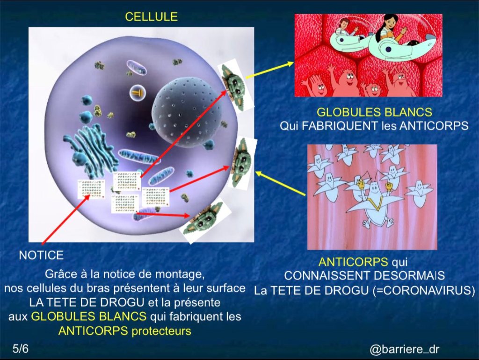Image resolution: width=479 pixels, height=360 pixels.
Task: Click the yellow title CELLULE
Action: tap(151, 16)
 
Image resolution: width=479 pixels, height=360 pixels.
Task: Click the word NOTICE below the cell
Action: tap(41, 255)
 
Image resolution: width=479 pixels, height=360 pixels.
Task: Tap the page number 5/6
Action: tap(21, 348)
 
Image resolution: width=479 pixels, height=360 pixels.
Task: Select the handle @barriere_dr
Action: tap(404, 349)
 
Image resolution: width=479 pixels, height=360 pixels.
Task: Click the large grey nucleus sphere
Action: tap(187, 112)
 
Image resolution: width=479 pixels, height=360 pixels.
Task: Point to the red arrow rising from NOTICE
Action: tap(66, 219)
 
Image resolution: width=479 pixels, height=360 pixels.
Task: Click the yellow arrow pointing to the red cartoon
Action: tap(269, 70)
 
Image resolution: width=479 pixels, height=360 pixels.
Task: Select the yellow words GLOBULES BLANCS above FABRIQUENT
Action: tap(374, 112)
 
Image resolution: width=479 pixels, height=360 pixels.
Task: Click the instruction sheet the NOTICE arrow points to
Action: tap(91, 189)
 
